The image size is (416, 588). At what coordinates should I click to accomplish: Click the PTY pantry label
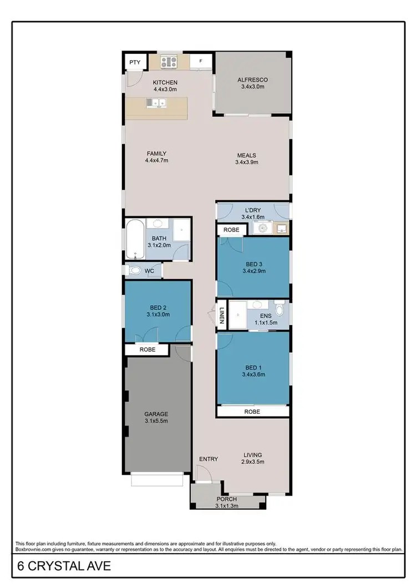pos(135,62)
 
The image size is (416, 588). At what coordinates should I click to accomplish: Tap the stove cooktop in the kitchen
pos(169,62)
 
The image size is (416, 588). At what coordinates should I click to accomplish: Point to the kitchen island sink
pos(158,103)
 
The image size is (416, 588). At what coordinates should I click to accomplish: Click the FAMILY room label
pos(156,154)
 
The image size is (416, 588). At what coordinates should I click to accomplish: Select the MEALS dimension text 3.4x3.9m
pos(247,163)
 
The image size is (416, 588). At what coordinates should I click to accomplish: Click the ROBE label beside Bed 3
pos(231,230)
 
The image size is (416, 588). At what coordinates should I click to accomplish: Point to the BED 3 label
pos(253,265)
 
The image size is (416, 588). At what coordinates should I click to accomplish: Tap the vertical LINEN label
pos(221,315)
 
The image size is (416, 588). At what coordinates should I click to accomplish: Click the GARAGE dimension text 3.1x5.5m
pos(156,421)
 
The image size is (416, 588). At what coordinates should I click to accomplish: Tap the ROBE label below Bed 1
pos(252,412)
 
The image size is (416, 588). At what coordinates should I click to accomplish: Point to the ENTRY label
pos(209,459)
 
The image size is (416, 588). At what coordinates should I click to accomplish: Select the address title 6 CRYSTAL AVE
pos(63,566)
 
